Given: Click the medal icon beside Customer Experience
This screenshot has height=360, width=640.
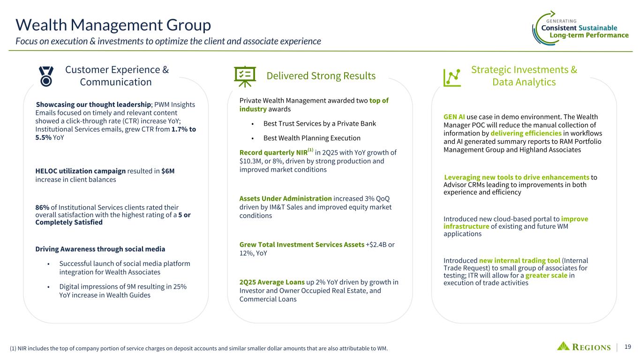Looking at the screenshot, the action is point(46,76).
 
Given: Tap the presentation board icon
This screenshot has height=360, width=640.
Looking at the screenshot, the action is point(245,76).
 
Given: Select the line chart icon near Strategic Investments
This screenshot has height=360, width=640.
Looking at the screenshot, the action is point(452,77).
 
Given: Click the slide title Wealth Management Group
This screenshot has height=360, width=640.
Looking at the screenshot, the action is point(113,25).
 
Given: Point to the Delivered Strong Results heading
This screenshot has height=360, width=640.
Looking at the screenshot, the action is point(321,76).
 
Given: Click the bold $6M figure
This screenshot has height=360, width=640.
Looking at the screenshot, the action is point(168,171).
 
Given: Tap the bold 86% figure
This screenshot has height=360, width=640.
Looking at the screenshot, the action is point(42,207).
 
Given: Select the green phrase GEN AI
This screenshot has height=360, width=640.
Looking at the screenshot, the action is point(454,117).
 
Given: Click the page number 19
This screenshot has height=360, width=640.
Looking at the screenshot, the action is point(627,347).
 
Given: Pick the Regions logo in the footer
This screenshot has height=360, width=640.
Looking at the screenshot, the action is point(584,346).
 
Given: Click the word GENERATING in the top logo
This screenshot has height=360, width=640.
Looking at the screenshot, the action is point(561,21).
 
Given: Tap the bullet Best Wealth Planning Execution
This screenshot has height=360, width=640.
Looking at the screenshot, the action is point(312,138).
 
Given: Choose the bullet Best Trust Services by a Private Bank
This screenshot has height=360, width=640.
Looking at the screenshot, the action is point(319,123).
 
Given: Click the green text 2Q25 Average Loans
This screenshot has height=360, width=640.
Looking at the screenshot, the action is point(272,282).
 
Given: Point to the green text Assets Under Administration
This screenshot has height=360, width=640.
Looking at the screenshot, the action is point(286,198).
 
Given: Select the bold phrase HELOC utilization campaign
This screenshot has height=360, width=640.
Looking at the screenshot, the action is point(80,171).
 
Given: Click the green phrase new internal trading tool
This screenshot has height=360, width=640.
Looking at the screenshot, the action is point(520,261).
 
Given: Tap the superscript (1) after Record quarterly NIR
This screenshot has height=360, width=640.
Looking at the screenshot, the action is point(310,150).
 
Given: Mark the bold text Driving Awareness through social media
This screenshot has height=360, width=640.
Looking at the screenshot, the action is point(100,249).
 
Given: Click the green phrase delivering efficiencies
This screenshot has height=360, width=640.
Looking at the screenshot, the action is point(526,133).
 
